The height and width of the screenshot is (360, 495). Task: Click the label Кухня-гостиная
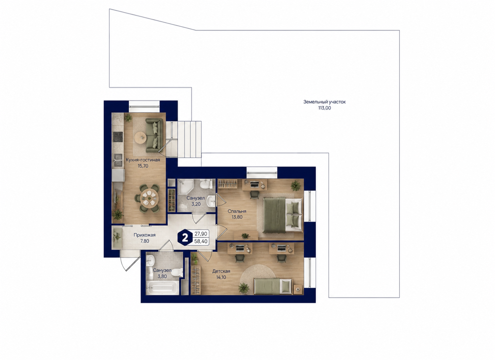tap(143, 160)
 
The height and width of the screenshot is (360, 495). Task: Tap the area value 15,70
tap(143, 166)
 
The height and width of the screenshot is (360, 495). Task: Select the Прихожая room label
tap(144, 235)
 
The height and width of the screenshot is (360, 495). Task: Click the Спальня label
tap(237, 211)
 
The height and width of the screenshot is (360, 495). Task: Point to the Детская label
tap(221, 271)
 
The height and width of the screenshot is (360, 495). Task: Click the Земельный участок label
tap(324, 102)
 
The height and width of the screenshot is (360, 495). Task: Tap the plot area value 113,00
tap(324, 108)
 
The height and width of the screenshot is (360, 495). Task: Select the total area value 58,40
tap(201, 241)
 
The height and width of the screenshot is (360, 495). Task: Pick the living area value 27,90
tap(201, 234)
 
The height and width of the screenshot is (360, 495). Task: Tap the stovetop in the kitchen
tap(118, 137)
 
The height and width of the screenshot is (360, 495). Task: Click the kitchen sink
tap(118, 160)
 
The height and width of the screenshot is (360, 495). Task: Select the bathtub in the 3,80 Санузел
tap(160, 288)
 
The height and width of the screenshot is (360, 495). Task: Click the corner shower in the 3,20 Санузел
tap(185, 187)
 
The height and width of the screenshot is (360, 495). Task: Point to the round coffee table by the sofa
tap(141, 138)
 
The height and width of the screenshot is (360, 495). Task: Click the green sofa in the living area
tap(154, 135)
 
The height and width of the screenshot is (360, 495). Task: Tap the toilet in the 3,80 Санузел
tap(177, 273)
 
